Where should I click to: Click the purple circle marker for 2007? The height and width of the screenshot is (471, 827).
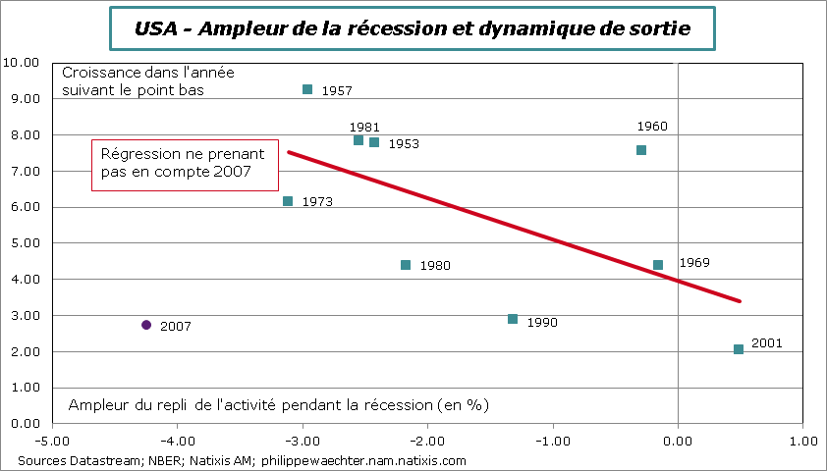click(x=146, y=325)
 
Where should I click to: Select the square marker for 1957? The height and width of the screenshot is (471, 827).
click(x=307, y=89)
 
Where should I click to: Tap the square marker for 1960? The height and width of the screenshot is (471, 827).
click(x=641, y=150)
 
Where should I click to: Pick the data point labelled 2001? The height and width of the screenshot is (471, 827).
click(x=739, y=349)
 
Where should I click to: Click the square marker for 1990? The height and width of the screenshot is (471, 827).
click(x=513, y=319)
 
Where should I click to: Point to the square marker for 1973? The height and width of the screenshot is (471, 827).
click(x=288, y=201)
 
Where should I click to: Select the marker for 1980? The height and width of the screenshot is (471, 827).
click(x=406, y=265)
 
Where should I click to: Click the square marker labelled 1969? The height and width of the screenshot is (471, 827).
click(x=658, y=265)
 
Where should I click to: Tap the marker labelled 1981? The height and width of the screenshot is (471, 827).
click(x=358, y=140)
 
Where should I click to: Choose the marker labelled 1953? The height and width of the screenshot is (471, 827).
click(x=374, y=142)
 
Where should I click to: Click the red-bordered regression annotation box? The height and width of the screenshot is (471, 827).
click(x=185, y=163)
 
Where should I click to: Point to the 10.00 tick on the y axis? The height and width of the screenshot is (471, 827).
click(x=22, y=63)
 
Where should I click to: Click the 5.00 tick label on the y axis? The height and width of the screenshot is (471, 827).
click(x=22, y=243)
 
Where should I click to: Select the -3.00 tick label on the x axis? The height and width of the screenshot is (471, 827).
click(x=302, y=441)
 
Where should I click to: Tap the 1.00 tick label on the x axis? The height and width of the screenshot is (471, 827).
click(x=802, y=441)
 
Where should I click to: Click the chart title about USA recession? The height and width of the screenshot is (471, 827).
click(x=413, y=29)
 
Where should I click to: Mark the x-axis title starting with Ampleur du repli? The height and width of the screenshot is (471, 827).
click(x=278, y=404)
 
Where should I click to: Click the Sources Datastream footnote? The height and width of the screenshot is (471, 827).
click(x=242, y=460)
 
